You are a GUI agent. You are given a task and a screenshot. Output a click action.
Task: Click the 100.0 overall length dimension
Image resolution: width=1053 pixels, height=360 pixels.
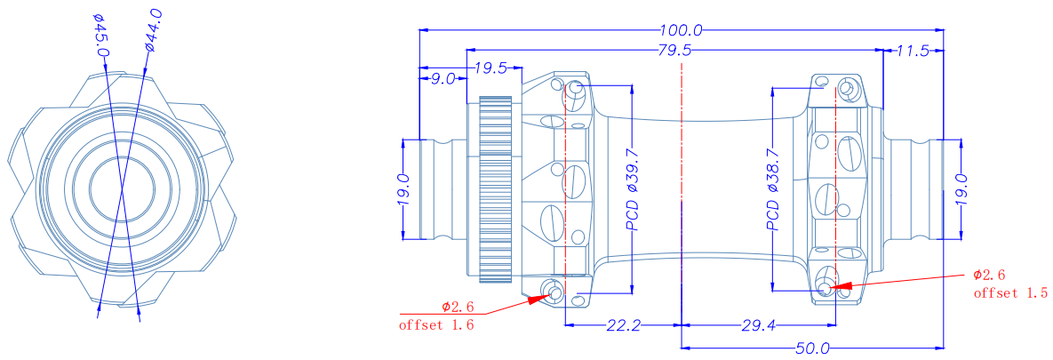681,30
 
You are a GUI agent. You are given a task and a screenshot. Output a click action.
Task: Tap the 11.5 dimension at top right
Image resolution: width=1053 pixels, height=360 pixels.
912,51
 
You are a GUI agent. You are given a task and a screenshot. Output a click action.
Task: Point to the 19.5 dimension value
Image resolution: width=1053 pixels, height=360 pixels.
491,68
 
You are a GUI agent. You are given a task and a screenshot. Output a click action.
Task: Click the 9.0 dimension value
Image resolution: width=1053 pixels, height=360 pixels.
443,79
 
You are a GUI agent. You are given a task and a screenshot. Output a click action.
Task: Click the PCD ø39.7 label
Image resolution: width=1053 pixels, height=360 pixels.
632,188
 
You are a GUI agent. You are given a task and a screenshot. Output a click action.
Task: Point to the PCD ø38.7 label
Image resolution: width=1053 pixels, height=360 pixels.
774,188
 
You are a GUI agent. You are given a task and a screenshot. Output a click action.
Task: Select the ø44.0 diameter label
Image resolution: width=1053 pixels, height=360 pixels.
152,30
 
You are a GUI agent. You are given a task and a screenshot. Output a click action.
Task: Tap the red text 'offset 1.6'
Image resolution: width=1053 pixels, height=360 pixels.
436,325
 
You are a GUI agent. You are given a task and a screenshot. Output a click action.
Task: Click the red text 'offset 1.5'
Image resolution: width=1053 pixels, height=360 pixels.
1010,293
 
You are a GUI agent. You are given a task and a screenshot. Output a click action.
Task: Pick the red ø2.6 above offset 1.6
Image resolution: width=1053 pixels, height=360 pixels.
458,307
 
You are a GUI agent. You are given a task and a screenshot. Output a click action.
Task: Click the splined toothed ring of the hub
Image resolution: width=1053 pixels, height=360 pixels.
496,188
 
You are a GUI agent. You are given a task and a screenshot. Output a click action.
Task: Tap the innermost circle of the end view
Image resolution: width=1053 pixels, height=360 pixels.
122,191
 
